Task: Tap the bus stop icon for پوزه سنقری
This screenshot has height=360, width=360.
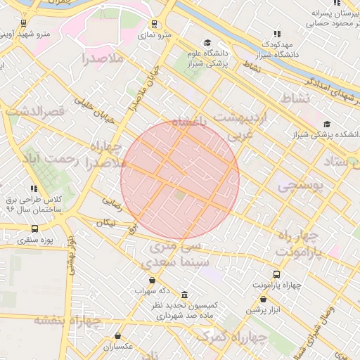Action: [35, 229]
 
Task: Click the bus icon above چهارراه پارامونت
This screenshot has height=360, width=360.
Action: [276, 274]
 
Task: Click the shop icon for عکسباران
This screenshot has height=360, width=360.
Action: [117, 336]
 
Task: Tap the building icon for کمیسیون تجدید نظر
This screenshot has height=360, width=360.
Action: [184, 295]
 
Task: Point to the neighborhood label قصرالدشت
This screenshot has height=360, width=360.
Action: [35, 111]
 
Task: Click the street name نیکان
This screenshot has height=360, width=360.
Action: [105, 222]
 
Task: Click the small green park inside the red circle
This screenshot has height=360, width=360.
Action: [181, 194]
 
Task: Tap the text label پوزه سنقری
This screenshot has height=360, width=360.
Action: [34, 241]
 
